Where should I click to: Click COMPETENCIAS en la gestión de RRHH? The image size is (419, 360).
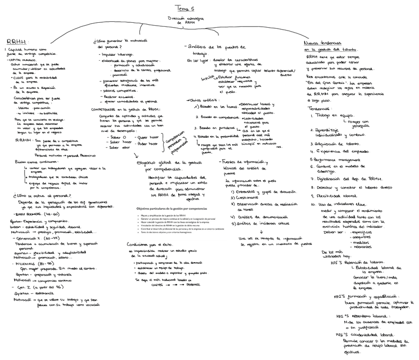(126, 109)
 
